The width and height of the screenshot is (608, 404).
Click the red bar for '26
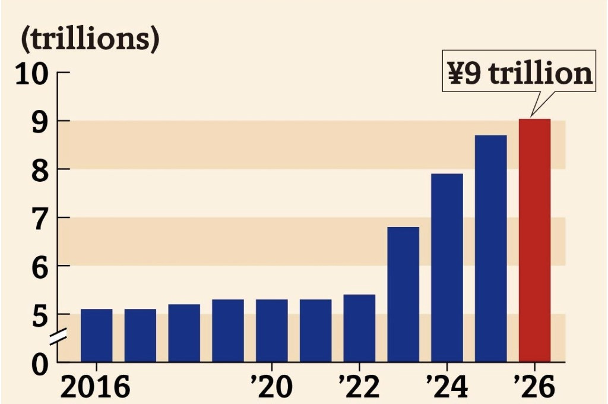[534, 240]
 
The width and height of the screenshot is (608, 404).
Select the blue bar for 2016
[97, 335]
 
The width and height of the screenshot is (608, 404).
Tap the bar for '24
[447, 267]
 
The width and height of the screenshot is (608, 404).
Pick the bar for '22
[359, 328]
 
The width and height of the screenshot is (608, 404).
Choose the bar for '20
[272, 330]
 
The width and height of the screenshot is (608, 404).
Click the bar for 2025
[491, 248]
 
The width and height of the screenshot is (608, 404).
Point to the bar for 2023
[403, 294]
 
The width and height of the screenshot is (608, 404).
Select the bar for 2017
[140, 335]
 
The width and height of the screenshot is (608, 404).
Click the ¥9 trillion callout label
[519, 74]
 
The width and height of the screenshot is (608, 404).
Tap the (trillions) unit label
[91, 40]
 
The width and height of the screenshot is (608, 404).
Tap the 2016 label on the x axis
[96, 387]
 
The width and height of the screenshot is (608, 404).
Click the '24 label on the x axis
[446, 387]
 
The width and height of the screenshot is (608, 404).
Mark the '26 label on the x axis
[534, 387]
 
